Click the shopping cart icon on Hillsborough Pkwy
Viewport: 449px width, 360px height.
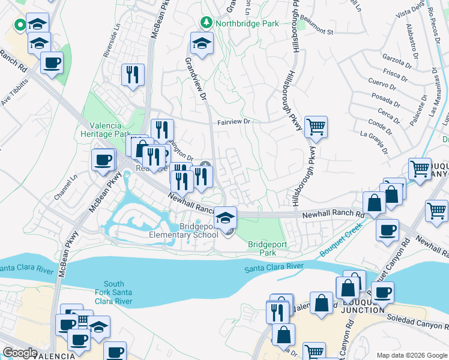316,127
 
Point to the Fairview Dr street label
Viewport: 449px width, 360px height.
234,122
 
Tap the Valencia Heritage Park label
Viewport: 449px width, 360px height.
106,130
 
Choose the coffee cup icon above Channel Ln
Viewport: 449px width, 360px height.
103,160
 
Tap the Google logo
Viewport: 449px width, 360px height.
20,353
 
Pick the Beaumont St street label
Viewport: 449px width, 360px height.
316,28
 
